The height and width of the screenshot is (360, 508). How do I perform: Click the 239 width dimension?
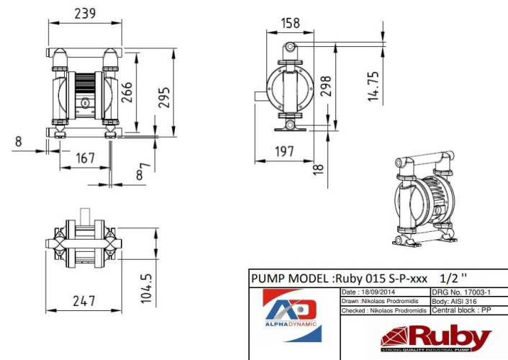coord(86,14)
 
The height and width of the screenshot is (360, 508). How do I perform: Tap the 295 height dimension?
coord(164,96)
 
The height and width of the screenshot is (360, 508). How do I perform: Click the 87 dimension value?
coord(144,171)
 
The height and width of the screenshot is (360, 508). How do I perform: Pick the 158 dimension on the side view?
coord(289,22)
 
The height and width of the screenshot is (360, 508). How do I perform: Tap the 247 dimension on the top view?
coord(84,301)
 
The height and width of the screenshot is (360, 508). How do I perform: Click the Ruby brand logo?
coord(436,338)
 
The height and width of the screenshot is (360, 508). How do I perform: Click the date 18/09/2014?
coord(364,292)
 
